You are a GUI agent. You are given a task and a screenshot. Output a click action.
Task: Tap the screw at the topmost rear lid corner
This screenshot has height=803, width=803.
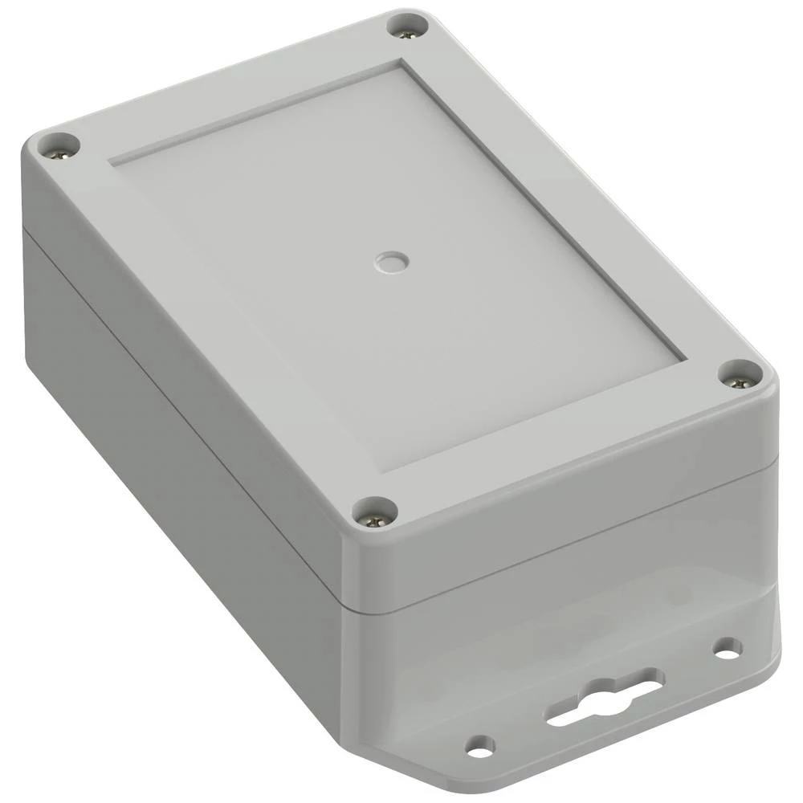point(407,25)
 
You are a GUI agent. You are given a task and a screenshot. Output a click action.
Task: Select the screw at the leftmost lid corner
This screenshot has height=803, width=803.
point(59,145)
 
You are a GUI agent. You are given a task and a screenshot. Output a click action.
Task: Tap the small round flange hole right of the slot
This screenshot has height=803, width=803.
point(727,647)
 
